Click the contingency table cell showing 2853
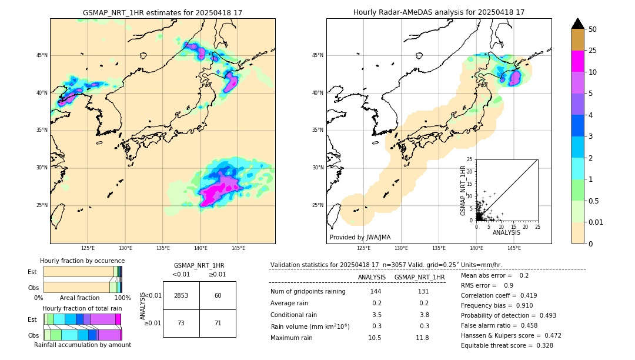(x=181, y=295)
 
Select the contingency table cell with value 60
(x=218, y=295)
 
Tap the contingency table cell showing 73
(x=181, y=324)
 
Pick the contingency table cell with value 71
(x=218, y=324)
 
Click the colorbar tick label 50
(x=593, y=29)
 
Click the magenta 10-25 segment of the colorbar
(x=578, y=61)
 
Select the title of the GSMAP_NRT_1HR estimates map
(x=162, y=12)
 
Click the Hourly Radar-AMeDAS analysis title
(x=439, y=12)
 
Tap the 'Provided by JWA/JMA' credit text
(x=360, y=237)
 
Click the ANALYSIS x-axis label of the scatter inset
(x=506, y=232)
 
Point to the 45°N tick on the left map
(x=42, y=55)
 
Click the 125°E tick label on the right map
(x=364, y=248)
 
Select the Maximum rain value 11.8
(x=422, y=338)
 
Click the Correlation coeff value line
(x=499, y=295)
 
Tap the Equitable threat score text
(x=507, y=345)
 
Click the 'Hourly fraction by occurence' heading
(x=82, y=261)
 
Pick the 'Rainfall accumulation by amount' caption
(x=82, y=345)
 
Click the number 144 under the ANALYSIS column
(x=376, y=291)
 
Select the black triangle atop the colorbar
(x=578, y=24)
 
